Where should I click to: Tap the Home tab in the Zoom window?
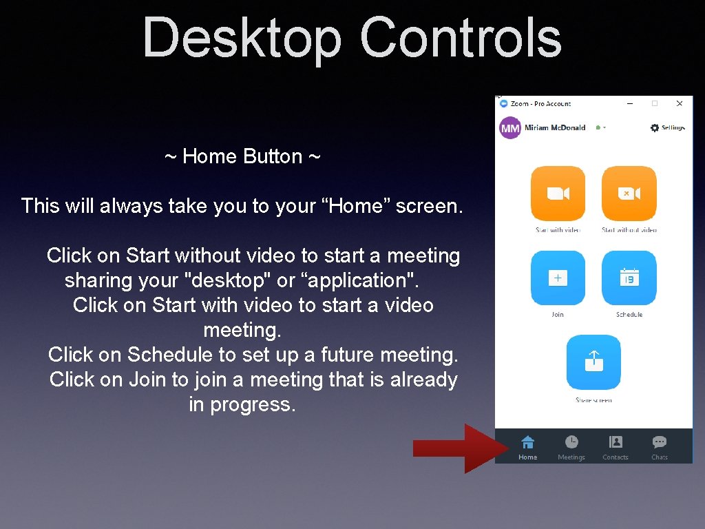coord(528,447)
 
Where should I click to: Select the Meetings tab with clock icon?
coord(571,447)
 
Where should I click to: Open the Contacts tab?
coord(615,447)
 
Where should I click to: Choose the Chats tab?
coord(660,447)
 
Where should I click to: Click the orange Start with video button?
coord(558,194)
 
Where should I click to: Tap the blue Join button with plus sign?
coord(558,278)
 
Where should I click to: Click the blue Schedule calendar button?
coord(629,278)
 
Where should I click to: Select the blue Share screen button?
coord(593,362)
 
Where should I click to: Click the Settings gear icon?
coord(655,127)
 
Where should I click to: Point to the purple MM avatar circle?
coord(510,128)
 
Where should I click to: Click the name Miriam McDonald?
coord(555,127)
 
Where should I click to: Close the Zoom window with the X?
coord(680,103)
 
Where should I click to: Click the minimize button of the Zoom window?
coord(630,103)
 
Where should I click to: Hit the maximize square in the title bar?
coord(655,103)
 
